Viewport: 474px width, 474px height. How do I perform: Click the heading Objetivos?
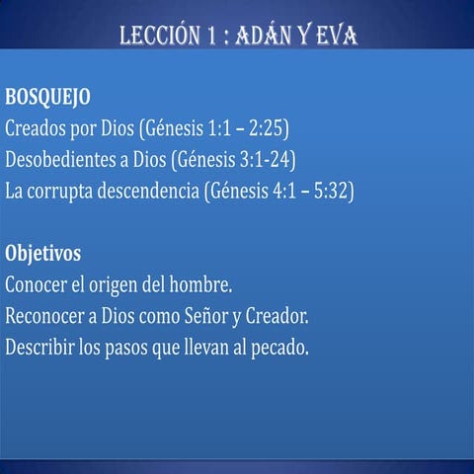[42, 253]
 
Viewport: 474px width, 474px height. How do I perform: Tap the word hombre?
[200, 285]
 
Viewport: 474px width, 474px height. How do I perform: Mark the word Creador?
[276, 317]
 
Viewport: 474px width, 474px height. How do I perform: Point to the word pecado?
[281, 348]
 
